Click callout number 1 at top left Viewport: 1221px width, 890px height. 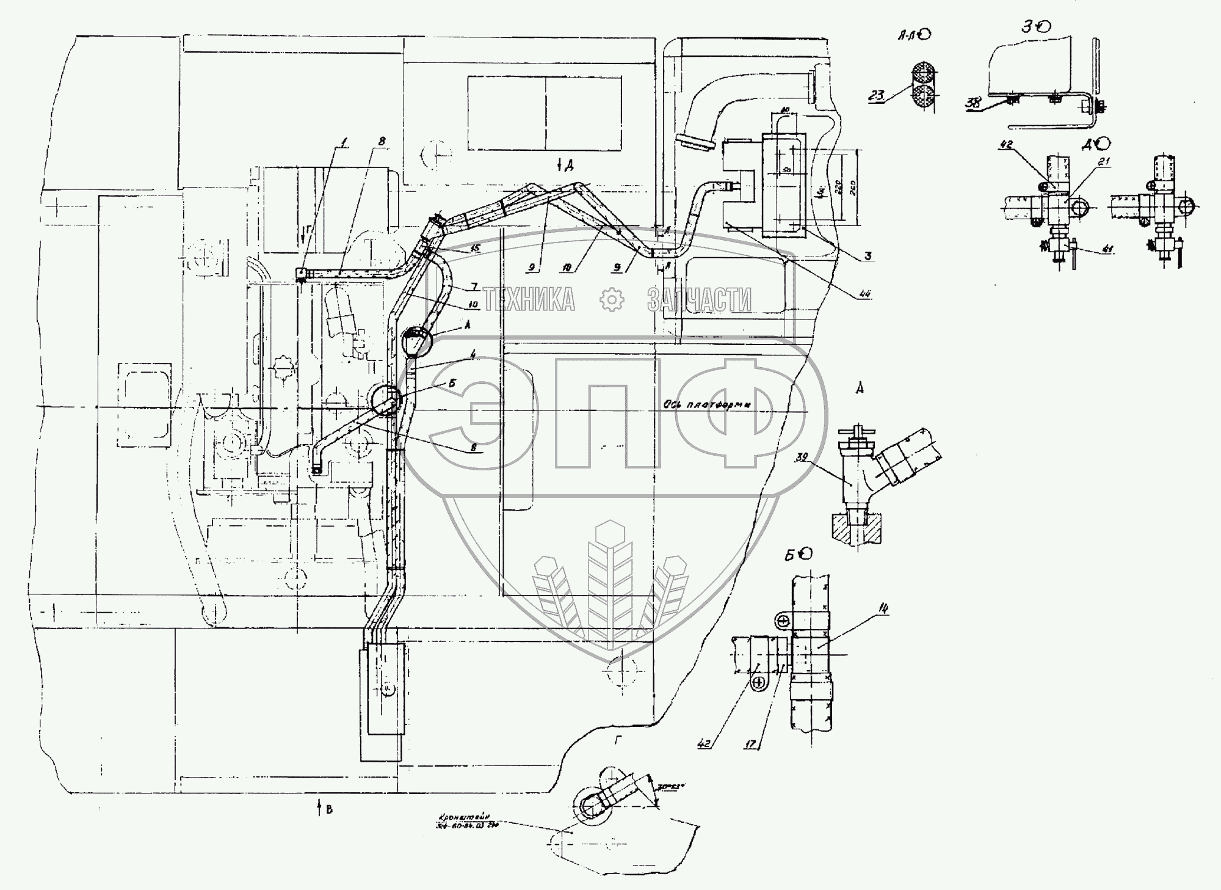(344, 143)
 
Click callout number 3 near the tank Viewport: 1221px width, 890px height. (868, 257)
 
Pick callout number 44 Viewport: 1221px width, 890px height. (864, 295)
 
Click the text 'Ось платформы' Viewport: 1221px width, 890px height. (707, 404)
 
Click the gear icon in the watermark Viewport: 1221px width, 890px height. (612, 299)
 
